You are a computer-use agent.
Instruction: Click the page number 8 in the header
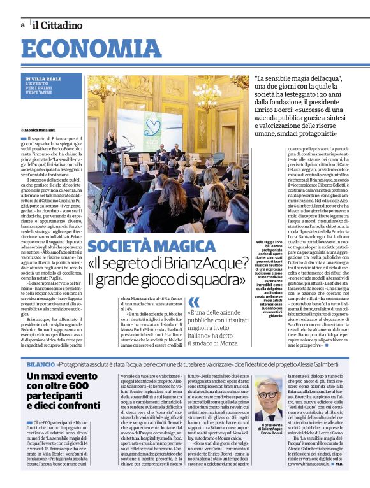pyautogui.click(x=23, y=25)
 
